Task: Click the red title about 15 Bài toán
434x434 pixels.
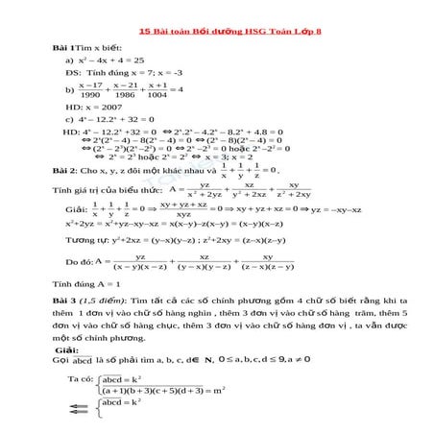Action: tap(217, 31)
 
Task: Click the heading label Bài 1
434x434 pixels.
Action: tap(63, 47)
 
